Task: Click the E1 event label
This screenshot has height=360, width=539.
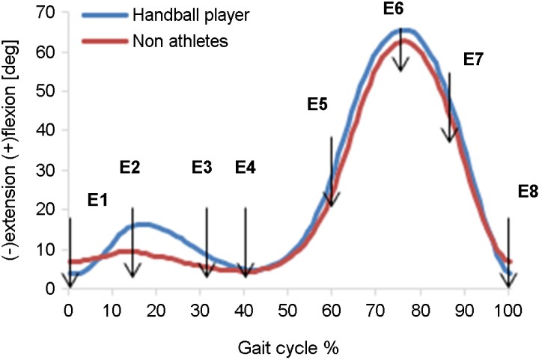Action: [x=98, y=200]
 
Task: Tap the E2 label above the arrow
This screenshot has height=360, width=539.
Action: [x=130, y=168]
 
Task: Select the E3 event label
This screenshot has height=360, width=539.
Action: [x=202, y=168]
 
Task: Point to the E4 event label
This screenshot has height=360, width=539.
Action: [x=246, y=168]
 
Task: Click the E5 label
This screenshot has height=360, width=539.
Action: [x=317, y=104]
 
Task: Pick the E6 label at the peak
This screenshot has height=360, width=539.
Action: [x=394, y=9]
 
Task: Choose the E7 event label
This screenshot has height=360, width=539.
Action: [x=473, y=60]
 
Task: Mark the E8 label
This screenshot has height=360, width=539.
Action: [x=528, y=192]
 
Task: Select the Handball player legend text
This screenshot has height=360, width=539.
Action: [x=191, y=16]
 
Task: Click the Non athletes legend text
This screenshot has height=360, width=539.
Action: [x=180, y=41]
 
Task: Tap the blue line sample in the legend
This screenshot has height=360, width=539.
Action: [x=105, y=16]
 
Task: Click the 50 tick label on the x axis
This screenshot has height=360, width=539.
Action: [x=287, y=311]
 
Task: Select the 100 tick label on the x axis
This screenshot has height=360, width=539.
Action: [x=508, y=311]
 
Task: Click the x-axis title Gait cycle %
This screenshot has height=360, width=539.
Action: [x=288, y=348]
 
